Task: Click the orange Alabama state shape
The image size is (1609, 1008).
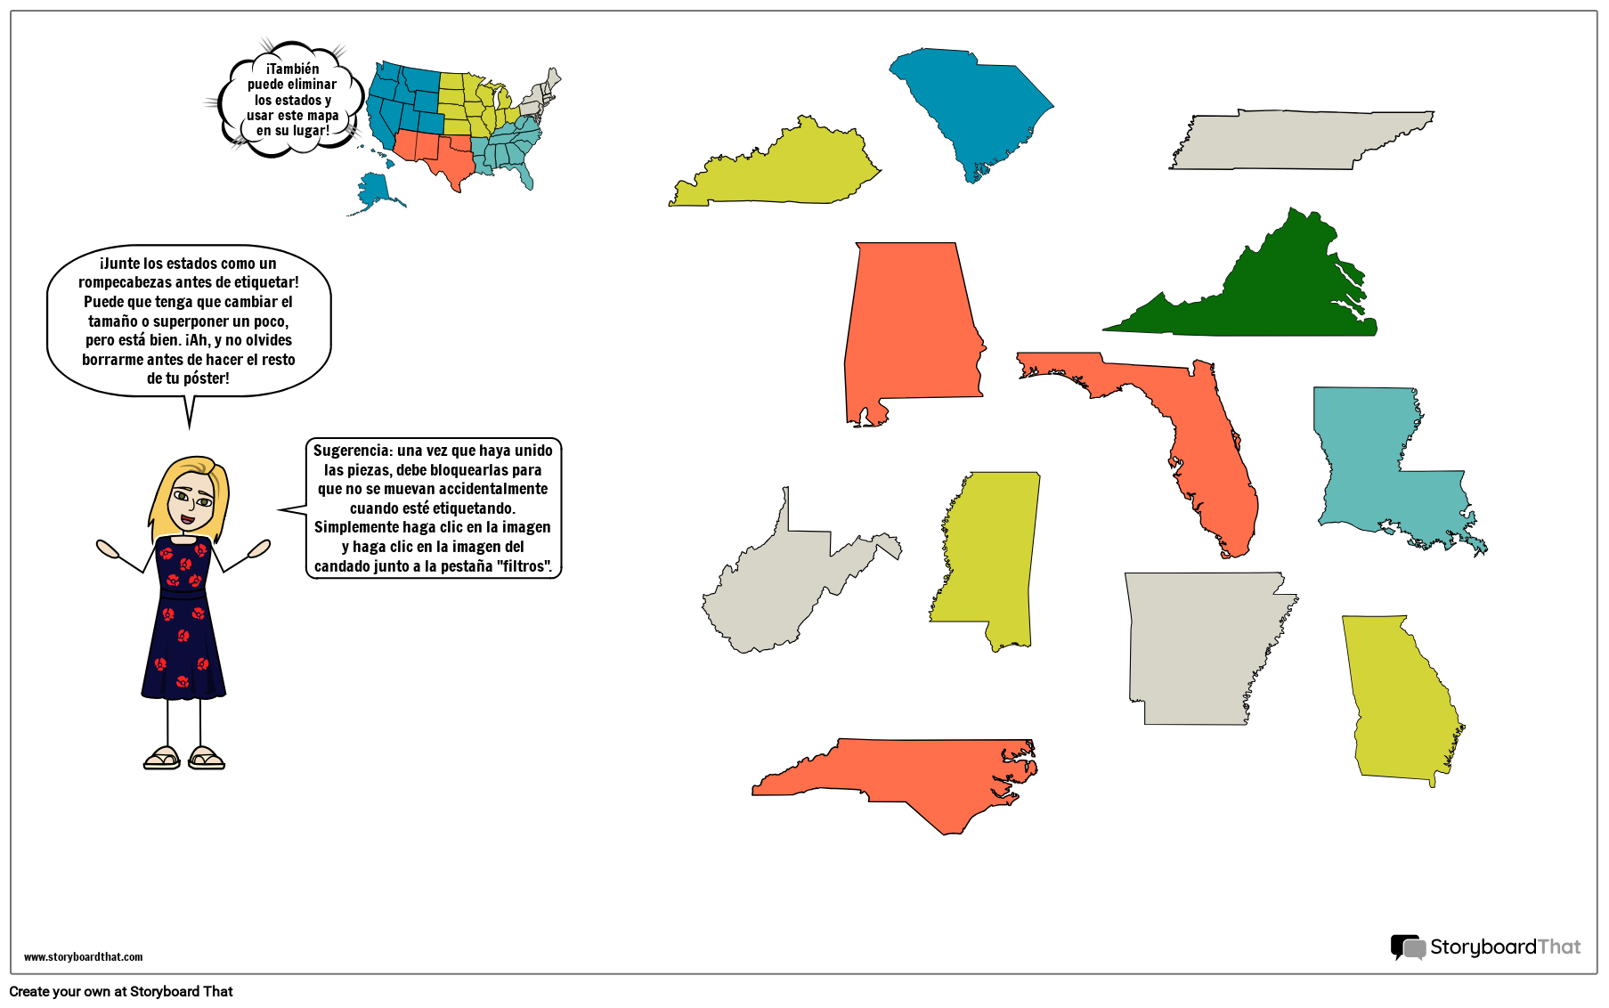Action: pos(908,329)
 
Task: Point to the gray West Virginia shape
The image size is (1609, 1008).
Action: pos(784,588)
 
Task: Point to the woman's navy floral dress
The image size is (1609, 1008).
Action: pos(183,623)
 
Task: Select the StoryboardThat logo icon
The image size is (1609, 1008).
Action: pos(1408,947)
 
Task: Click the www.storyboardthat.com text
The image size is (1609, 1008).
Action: pos(83,957)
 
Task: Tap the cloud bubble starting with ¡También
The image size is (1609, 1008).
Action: pos(292,99)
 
